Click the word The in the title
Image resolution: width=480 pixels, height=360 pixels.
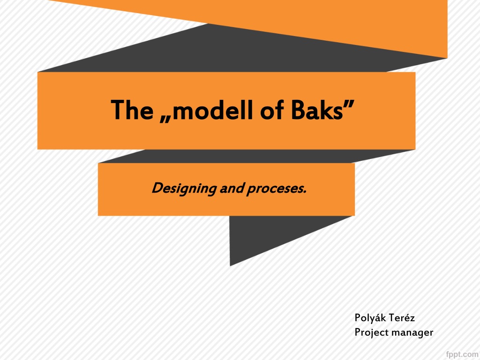132,110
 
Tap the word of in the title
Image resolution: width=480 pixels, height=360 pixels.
271,110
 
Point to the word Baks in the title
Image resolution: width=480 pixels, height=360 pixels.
317,110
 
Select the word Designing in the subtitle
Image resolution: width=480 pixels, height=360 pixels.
184,188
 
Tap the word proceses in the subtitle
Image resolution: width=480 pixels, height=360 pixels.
277,189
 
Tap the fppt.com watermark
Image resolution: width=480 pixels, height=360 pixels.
462,354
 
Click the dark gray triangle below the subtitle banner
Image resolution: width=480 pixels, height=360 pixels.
276,236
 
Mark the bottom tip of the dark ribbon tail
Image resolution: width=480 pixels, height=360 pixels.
230,266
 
